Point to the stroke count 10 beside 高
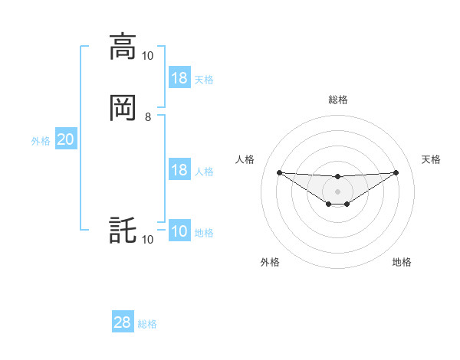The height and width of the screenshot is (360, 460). click(x=147, y=55)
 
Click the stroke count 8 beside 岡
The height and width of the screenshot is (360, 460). click(x=148, y=116)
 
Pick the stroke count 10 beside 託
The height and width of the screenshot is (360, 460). click(x=147, y=240)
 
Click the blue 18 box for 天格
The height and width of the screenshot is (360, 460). click(x=179, y=78)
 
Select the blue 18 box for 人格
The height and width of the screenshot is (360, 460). click(x=179, y=170)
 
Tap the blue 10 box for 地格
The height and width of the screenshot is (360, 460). click(x=179, y=232)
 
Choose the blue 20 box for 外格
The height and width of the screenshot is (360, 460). click(x=66, y=139)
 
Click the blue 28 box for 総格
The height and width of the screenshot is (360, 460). click(x=123, y=322)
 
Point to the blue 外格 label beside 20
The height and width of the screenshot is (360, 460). click(x=41, y=141)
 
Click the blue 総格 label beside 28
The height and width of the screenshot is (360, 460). click(x=147, y=324)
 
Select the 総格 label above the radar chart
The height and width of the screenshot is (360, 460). click(x=337, y=100)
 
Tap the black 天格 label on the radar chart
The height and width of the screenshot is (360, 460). click(x=431, y=159)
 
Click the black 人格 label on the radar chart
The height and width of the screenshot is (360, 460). click(x=245, y=159)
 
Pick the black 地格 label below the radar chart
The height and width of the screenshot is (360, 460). click(x=402, y=262)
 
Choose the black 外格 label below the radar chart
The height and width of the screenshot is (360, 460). click(x=270, y=262)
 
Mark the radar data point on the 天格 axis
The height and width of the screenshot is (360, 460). click(x=396, y=172)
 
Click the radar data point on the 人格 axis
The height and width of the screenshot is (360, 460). click(x=279, y=172)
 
